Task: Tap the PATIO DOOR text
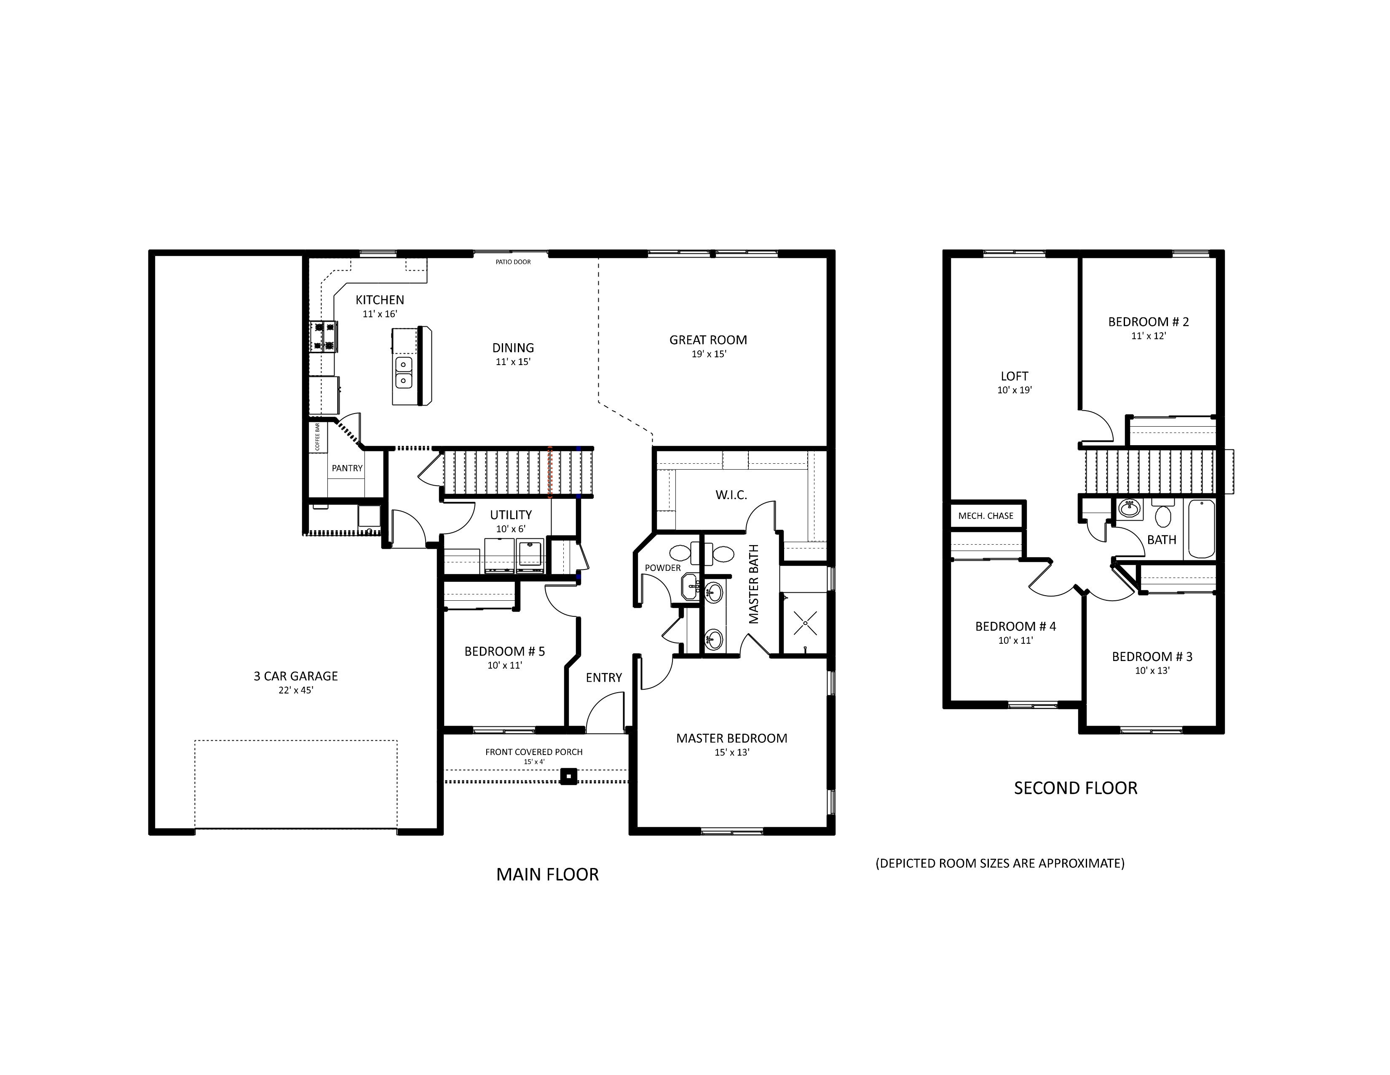point(513,262)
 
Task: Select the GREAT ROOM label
point(708,340)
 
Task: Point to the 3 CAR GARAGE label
point(295,676)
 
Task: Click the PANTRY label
point(347,468)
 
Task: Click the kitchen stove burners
point(323,337)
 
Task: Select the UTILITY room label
point(511,515)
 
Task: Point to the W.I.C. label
point(731,495)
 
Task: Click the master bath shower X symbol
point(805,622)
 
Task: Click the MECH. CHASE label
point(986,516)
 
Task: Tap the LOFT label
point(1015,376)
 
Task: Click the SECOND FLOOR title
point(1076,788)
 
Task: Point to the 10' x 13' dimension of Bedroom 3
point(1153,671)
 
